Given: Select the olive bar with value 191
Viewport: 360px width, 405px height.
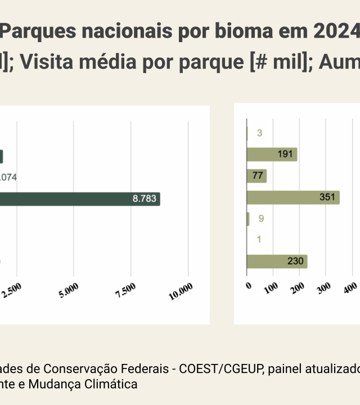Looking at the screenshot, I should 272,155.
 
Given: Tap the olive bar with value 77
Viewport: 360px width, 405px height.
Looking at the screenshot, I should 256,175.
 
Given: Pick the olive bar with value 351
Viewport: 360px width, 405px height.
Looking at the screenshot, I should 293,197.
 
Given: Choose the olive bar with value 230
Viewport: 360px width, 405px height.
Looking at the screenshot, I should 277,261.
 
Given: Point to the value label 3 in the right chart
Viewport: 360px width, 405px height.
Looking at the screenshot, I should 259,133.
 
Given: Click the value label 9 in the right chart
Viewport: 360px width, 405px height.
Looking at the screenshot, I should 261,218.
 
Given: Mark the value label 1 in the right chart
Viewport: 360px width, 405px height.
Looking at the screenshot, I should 259,240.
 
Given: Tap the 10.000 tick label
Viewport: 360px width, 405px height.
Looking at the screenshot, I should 182,291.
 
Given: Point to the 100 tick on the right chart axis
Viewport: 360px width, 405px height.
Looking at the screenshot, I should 271,287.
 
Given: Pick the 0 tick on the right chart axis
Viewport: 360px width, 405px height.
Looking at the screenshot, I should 249,285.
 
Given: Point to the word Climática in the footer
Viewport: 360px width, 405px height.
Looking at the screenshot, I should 110,385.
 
